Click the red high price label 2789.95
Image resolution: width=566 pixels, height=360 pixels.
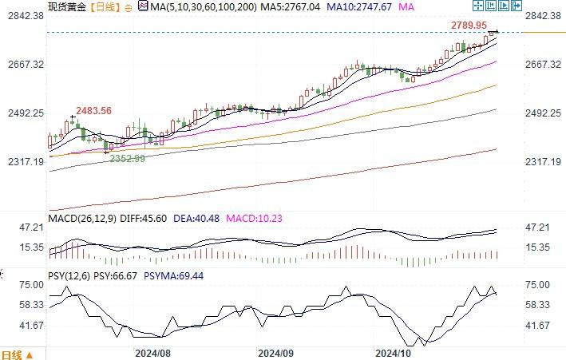(469, 26)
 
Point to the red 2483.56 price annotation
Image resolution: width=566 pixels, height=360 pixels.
(93, 110)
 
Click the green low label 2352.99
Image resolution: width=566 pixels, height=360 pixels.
(127, 159)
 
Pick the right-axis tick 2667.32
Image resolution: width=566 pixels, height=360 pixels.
(545, 65)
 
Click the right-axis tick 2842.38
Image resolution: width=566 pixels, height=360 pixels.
(545, 16)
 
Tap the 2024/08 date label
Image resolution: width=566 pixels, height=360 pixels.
(152, 352)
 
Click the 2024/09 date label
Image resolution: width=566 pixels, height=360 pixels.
(275, 352)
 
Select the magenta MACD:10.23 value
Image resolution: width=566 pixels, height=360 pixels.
(250, 218)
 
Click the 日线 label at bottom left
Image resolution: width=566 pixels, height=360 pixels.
(14, 354)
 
